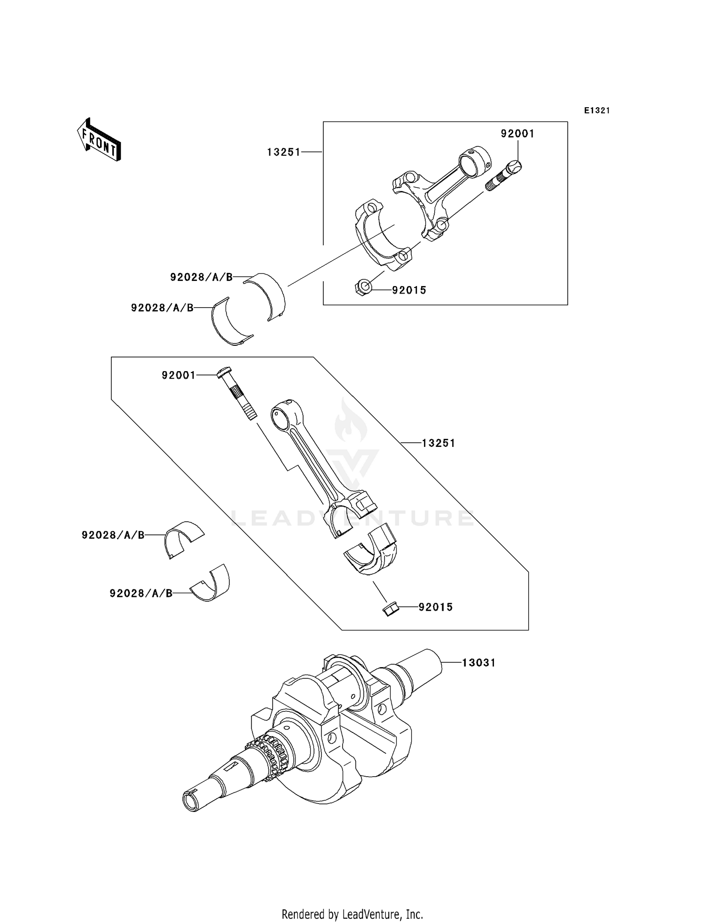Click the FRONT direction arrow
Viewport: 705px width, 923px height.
tap(99, 140)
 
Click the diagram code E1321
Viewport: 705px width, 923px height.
tap(597, 111)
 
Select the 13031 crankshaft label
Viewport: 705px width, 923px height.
tap(478, 663)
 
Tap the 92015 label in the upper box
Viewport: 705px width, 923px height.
tap(409, 290)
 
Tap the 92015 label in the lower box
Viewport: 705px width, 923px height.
tap(436, 607)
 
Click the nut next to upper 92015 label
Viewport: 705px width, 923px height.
tap(362, 286)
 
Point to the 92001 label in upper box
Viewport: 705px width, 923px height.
tap(517, 134)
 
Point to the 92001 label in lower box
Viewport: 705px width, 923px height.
tap(179, 375)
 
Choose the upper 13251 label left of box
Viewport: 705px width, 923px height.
tap(283, 152)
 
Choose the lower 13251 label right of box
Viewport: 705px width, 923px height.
tap(439, 443)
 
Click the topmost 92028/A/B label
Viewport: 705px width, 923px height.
tap(201, 278)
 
